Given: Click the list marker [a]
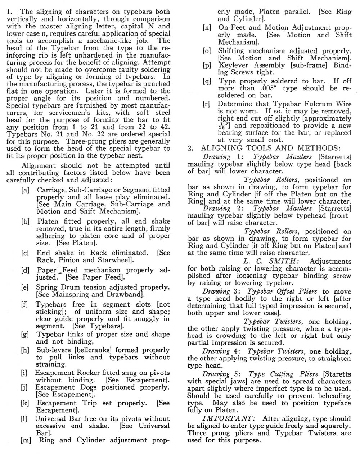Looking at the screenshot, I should click(26, 190).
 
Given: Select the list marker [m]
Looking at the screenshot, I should click(26, 440).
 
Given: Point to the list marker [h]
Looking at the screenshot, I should click(26, 350).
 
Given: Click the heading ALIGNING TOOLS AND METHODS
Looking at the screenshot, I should click(270, 148).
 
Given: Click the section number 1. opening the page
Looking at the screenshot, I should click(10, 12).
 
